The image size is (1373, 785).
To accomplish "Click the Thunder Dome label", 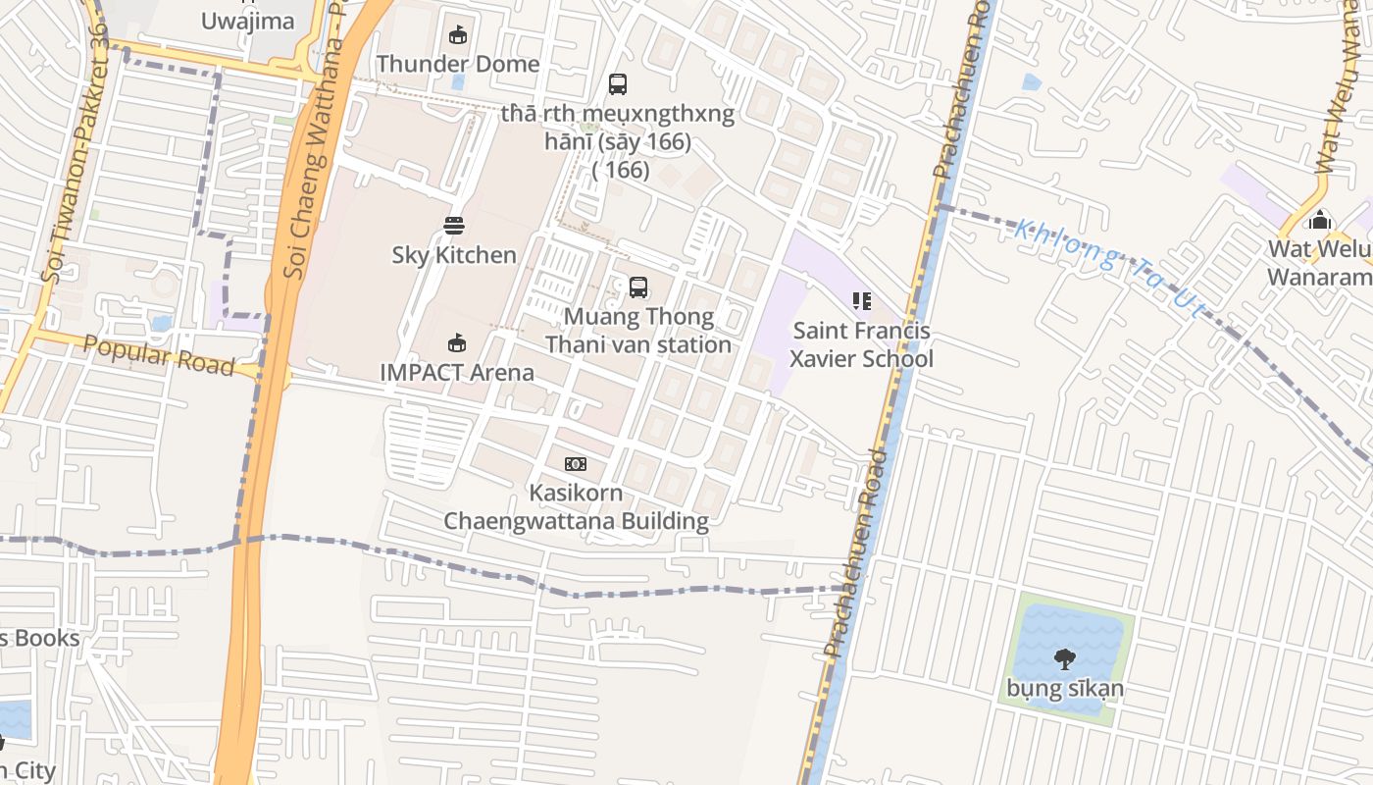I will (458, 64).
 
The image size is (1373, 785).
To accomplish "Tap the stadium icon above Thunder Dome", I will (457, 35).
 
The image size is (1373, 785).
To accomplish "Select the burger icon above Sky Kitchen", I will (453, 225).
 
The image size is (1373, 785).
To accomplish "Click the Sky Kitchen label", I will (454, 255).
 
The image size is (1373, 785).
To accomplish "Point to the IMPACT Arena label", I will (457, 373).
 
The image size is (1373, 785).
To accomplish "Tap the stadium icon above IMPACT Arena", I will (456, 343).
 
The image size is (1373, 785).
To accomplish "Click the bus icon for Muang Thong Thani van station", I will (638, 288).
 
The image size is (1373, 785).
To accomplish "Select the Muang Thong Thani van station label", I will (638, 331).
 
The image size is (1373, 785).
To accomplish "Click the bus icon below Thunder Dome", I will (617, 84).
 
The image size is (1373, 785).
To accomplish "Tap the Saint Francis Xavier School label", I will (862, 344).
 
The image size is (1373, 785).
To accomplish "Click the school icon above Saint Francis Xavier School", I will (861, 301).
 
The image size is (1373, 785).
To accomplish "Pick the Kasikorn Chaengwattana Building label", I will (576, 506).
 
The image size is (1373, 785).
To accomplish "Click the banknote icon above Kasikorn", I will (576, 463).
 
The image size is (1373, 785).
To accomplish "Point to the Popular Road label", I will (158, 355).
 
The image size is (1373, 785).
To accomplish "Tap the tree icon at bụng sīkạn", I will (1064, 658).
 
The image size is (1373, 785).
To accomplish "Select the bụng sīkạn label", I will (1064, 688).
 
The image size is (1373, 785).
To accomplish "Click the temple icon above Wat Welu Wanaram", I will (1320, 221).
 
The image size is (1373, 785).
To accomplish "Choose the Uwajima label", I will (247, 21).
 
